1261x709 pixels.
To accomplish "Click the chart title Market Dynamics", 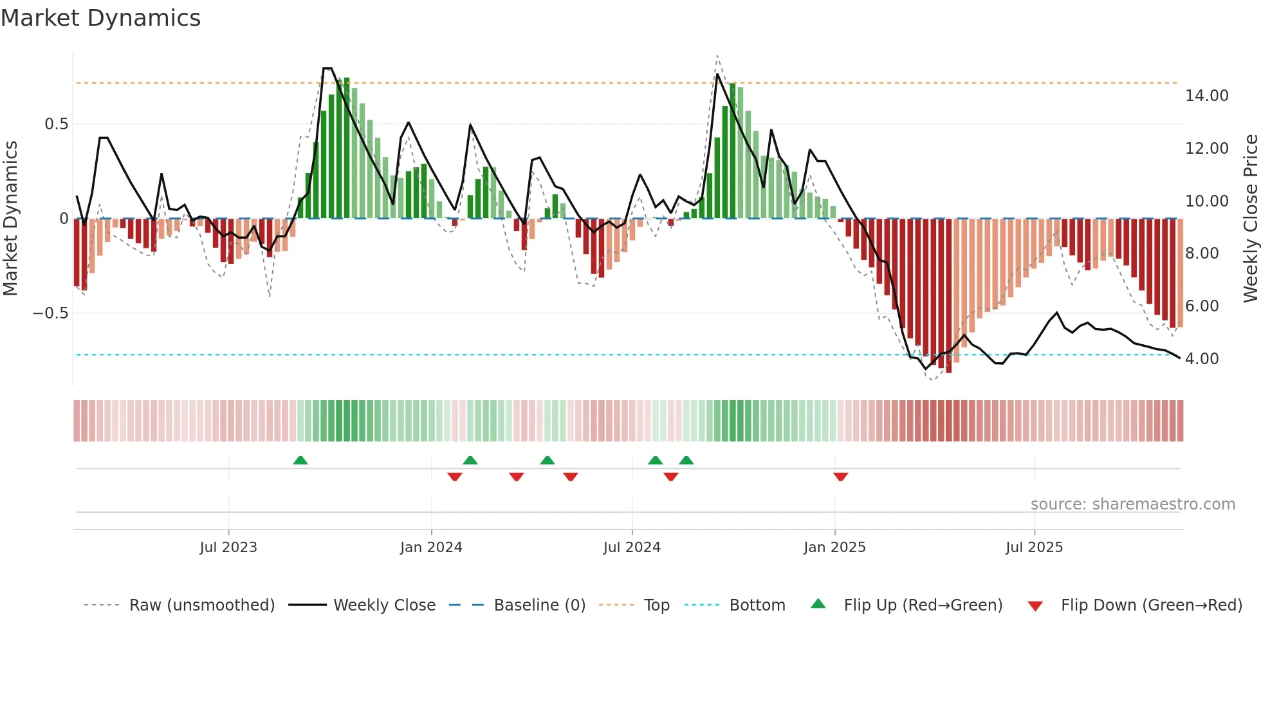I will (100, 18).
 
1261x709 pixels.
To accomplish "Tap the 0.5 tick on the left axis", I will (56, 124).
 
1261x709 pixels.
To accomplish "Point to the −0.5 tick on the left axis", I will (50, 313).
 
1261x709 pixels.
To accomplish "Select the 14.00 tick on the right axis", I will (1206, 96).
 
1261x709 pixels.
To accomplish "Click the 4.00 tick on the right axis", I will (1201, 359).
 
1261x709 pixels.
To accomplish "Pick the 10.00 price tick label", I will (1206, 201).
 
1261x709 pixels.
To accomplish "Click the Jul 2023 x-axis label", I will (228, 548).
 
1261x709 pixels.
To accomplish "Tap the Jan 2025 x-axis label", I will (834, 548).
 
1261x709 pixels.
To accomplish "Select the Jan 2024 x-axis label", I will (431, 548).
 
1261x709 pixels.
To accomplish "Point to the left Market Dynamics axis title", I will (10, 219).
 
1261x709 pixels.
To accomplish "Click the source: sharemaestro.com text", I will (1132, 504).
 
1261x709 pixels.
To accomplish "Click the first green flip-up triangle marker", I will (300, 460).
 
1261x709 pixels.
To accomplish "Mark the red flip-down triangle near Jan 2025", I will (840, 477).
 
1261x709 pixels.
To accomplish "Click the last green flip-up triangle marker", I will (686, 460).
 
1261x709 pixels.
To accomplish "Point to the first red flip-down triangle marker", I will (455, 477).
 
